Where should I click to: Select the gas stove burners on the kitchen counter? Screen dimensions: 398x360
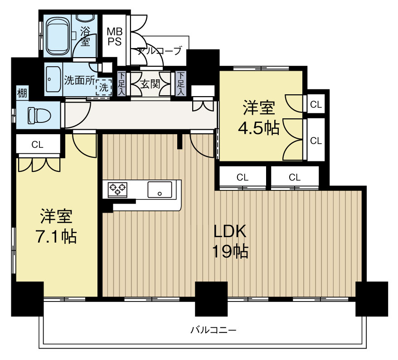118,189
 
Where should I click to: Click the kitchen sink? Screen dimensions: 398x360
160,190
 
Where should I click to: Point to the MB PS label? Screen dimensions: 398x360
115,37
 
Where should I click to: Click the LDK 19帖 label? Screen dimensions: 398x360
230,241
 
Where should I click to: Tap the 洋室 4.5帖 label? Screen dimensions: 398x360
259,117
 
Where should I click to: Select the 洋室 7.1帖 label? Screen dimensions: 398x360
56,226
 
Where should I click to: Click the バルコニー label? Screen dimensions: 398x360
214,330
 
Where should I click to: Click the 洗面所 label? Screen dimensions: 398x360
79,80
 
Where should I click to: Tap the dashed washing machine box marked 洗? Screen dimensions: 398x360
103,87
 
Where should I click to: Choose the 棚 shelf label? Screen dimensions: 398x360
22,93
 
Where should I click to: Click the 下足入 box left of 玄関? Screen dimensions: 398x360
122,83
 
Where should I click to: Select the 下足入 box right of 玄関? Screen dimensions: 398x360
181,83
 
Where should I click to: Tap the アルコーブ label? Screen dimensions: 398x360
160,51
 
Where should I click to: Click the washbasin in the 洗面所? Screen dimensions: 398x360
53,79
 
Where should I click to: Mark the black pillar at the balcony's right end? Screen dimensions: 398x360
372,299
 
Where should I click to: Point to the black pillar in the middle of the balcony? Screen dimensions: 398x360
211,299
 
